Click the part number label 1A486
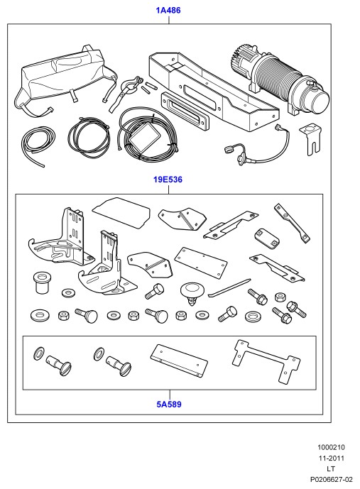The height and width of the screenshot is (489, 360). click(168, 11)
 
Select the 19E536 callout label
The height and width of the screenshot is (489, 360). click(168, 180)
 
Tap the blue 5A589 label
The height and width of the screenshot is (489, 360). click(169, 404)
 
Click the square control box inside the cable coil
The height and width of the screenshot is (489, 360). click(144, 140)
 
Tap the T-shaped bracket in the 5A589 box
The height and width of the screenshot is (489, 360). click(266, 361)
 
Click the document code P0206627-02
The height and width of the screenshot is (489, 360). click(331, 479)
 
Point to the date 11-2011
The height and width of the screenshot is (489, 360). click(331, 458)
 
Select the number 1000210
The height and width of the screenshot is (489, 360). click(331, 447)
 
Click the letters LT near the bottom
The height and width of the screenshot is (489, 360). click(331, 468)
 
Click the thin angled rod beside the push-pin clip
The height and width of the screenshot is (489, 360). click(229, 288)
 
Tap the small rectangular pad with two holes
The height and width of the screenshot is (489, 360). click(266, 239)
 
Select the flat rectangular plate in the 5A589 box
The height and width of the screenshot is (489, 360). click(179, 361)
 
